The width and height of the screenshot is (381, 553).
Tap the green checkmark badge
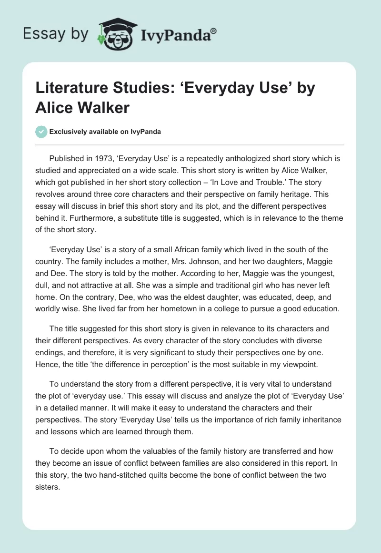[x=41, y=132]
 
